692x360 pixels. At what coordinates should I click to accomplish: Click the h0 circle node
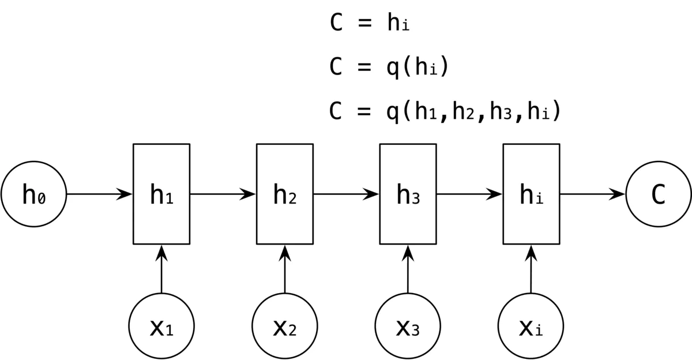tap(33, 194)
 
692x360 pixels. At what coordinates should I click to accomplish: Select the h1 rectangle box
tap(161, 194)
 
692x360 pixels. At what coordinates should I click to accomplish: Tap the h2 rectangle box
tap(285, 194)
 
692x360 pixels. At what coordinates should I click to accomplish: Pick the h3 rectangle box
tap(408, 194)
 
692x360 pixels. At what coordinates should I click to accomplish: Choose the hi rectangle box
tap(531, 194)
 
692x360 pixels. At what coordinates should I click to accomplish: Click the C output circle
tap(658, 194)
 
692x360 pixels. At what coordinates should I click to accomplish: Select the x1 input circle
tap(161, 327)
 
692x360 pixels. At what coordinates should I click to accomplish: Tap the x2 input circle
tap(285, 327)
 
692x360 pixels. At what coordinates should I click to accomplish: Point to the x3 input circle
tap(408, 327)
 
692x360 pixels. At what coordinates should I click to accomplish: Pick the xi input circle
tap(531, 327)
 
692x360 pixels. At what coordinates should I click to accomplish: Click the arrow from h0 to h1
tap(100, 194)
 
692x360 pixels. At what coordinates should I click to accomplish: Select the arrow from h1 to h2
tap(223, 194)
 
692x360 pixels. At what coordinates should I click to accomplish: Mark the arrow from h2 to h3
tap(346, 194)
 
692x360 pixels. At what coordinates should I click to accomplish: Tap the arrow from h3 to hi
tap(469, 194)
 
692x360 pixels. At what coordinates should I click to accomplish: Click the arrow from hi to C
tap(592, 194)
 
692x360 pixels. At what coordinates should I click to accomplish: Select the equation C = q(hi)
tap(389, 67)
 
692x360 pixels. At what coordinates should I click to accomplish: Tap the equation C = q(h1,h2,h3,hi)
tap(445, 111)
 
